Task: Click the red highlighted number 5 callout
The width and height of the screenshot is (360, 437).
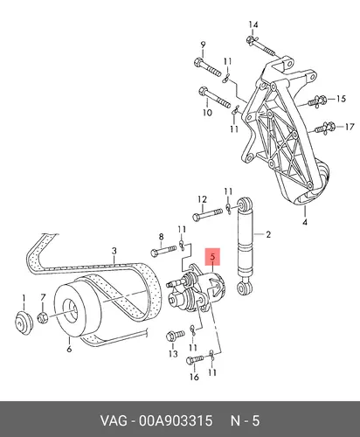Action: point(212,257)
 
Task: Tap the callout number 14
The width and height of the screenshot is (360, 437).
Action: point(253,24)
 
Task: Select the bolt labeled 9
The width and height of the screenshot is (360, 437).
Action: point(207,67)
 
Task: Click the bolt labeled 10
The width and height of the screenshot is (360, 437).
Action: point(215,97)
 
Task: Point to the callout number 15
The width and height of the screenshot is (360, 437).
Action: point(341,99)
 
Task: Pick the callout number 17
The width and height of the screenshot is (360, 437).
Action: point(350,127)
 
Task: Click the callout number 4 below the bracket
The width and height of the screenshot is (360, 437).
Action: point(305,222)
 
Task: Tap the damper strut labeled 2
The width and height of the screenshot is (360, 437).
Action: point(245,246)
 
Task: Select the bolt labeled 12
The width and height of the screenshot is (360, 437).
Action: point(208,214)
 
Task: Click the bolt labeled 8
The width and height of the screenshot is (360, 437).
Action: point(163,251)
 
